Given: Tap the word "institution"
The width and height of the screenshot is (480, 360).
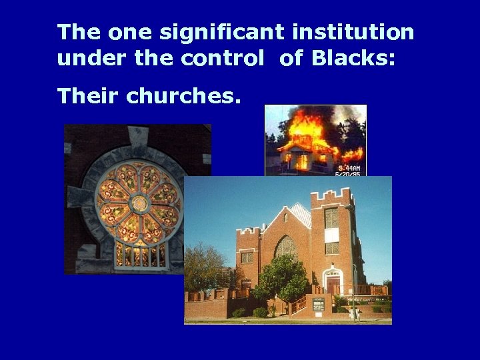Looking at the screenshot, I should click(351, 31).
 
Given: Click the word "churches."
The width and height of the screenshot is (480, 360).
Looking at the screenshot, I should click(183, 97).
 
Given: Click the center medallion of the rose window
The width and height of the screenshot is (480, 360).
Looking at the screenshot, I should click(139, 203).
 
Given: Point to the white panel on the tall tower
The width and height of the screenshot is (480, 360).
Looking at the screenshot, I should click(332, 235).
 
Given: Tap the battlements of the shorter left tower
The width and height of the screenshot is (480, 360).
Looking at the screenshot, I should click(247, 230).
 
